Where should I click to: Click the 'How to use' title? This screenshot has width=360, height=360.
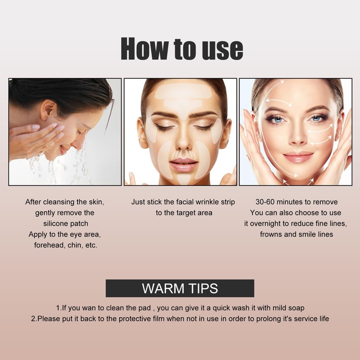point(182,49)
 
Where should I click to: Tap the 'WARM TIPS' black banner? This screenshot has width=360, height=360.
point(180,288)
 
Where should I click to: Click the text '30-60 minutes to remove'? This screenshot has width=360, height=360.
point(296,202)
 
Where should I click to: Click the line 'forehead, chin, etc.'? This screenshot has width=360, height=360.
point(66,245)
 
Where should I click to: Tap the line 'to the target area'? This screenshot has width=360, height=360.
point(184,213)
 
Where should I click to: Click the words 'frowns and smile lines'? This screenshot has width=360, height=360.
point(297,234)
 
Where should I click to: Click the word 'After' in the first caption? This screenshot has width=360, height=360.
point(34,202)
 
